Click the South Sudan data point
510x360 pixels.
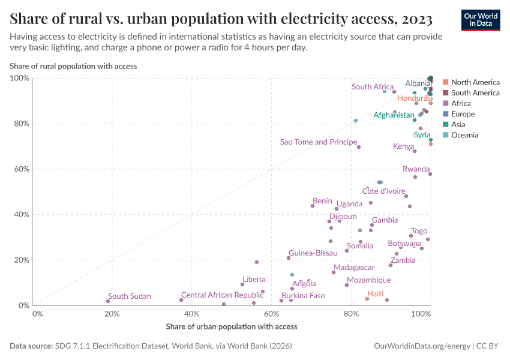[x=108, y=301]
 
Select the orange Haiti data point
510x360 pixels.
[x=367, y=299]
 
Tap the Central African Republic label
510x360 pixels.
[x=222, y=295]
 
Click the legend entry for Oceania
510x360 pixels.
[x=464, y=135]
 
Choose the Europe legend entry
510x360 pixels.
[x=463, y=114]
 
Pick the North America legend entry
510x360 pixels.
[x=475, y=82]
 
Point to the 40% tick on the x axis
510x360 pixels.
[x=191, y=313]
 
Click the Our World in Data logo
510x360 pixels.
[x=480, y=19]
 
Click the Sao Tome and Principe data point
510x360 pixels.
[x=359, y=147]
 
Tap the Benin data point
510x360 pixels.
[x=313, y=206]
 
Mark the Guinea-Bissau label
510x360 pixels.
[x=313, y=253]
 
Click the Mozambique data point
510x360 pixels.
[x=347, y=285]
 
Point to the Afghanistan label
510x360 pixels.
[x=394, y=115]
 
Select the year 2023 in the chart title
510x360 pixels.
[x=415, y=19]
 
